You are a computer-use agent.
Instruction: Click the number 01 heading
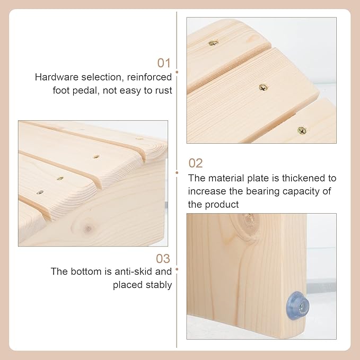(164, 63)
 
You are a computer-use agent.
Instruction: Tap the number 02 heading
(196, 163)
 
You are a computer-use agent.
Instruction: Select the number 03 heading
(163, 259)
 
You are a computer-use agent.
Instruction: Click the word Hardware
(57, 77)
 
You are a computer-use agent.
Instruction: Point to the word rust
(163, 91)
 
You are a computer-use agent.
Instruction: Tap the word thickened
(302, 178)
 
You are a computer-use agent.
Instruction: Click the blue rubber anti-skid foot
(298, 305)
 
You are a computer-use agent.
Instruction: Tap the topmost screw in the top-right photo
(214, 43)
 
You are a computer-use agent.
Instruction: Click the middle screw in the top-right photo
(264, 87)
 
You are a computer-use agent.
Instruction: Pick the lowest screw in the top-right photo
(302, 130)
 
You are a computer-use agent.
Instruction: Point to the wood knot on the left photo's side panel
(87, 228)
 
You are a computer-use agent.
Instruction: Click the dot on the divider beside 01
(177, 72)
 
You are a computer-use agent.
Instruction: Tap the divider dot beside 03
(177, 269)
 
